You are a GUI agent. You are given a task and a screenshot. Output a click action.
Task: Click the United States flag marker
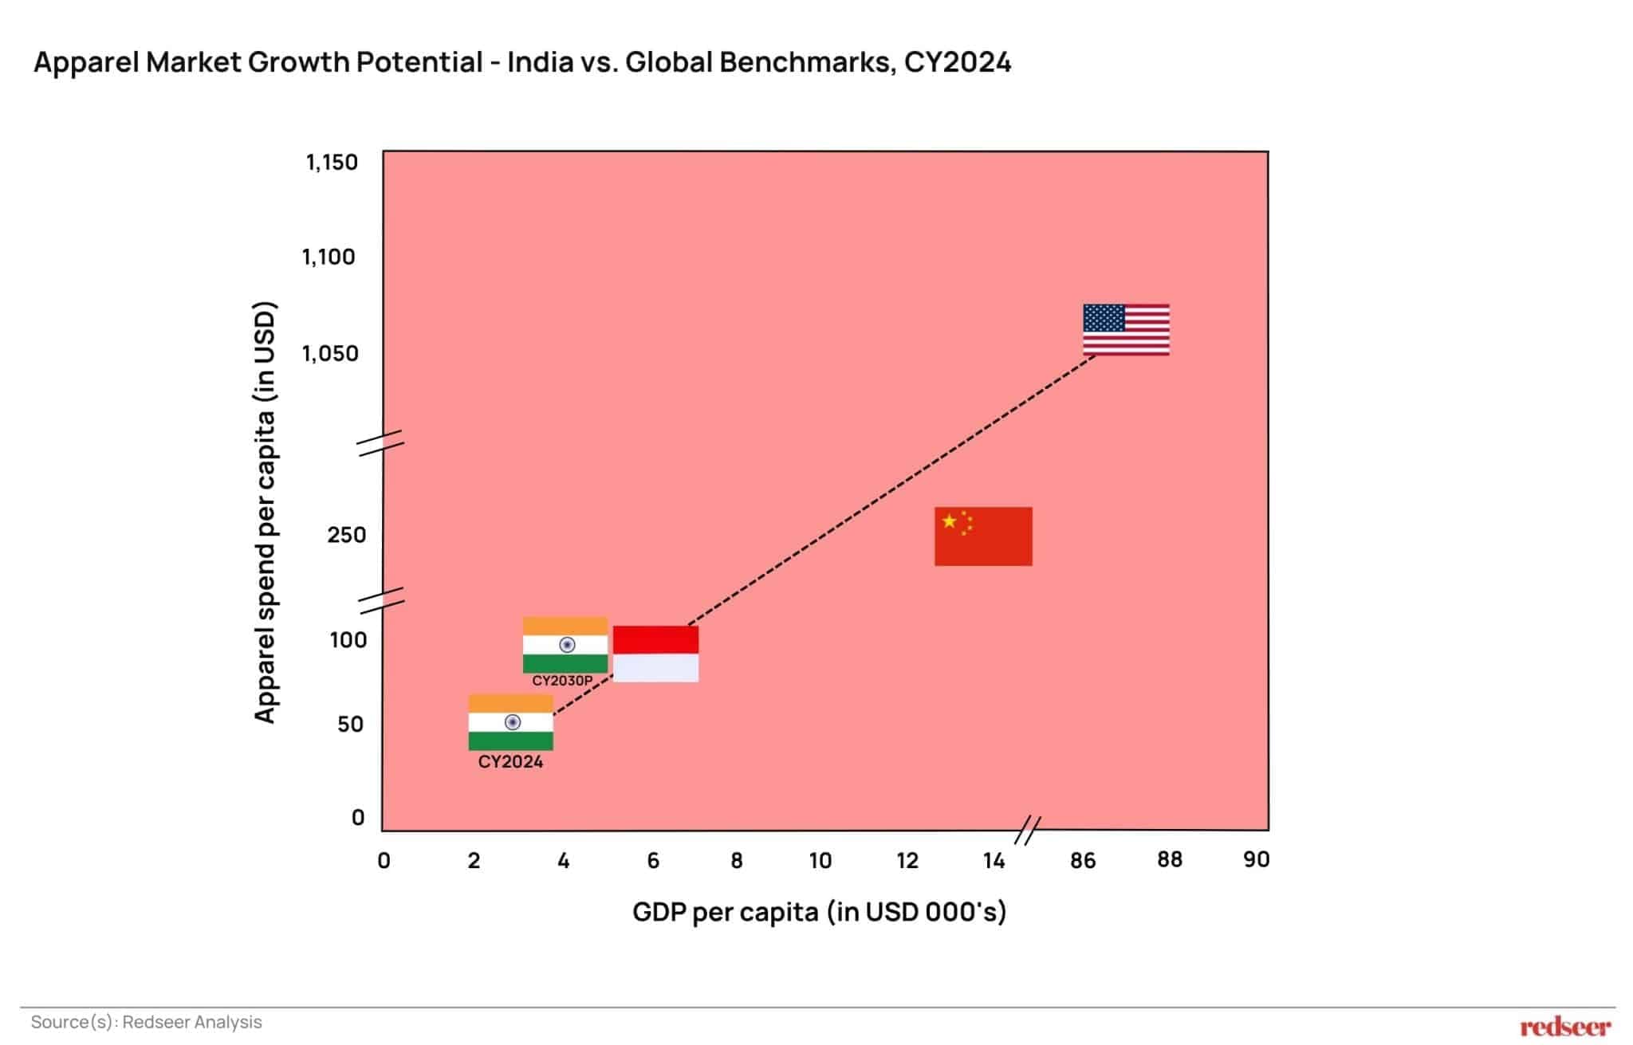(1126, 329)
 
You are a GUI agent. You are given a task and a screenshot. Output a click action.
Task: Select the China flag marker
(983, 536)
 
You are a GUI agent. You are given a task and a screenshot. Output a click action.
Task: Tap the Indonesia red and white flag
(655, 654)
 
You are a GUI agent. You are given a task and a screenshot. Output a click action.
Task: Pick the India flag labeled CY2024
(510, 722)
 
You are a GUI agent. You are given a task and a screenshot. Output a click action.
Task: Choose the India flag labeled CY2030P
(565, 645)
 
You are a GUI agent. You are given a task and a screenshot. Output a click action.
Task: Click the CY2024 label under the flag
(510, 762)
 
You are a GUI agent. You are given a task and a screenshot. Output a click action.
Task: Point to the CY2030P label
(562, 681)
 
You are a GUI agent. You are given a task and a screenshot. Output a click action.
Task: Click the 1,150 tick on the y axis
(332, 163)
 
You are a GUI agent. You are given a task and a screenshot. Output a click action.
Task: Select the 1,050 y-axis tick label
(330, 353)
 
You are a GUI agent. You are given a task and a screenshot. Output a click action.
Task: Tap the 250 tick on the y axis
(346, 535)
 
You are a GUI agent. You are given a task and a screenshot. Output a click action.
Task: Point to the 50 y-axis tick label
(350, 725)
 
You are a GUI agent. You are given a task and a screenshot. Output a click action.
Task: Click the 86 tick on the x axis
(1082, 861)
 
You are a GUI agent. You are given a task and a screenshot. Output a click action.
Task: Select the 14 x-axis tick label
(994, 861)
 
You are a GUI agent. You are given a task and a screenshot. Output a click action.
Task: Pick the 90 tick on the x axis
(1256, 859)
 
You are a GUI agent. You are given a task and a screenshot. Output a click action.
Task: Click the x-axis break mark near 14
(1028, 831)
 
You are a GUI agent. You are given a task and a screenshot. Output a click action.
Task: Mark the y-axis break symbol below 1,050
(380, 443)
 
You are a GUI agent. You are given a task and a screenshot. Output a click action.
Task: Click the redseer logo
(1564, 1027)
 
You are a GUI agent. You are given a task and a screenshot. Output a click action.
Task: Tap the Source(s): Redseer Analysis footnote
(147, 1022)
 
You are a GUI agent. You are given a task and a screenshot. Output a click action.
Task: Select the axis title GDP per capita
(819, 911)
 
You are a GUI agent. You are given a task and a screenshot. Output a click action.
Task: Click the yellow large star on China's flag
(949, 521)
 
